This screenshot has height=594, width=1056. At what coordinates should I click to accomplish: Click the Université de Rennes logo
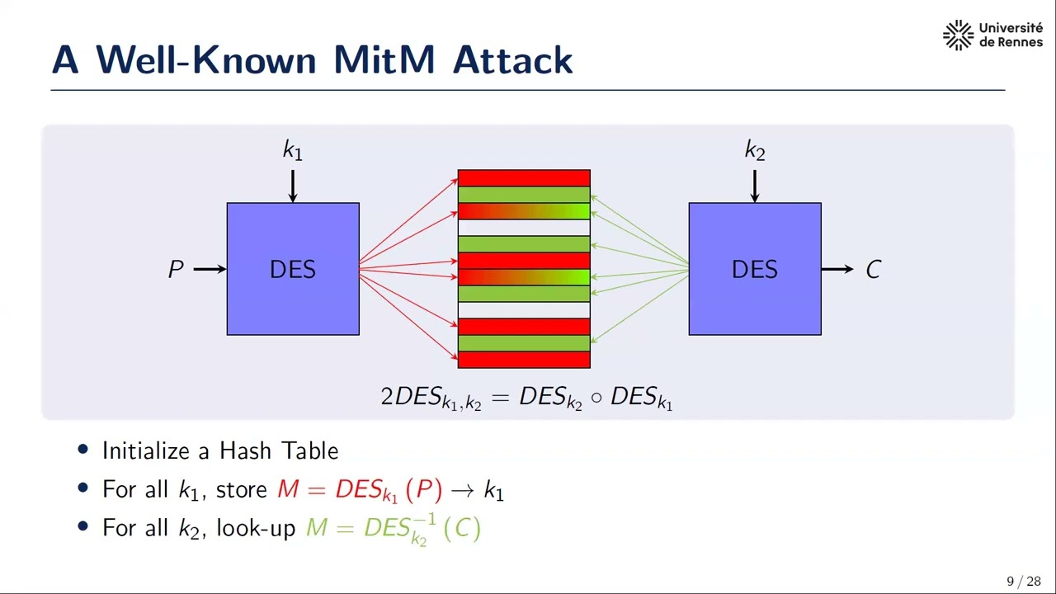click(992, 35)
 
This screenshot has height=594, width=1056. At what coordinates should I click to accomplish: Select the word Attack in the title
click(512, 60)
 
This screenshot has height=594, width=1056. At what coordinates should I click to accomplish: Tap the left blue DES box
click(293, 269)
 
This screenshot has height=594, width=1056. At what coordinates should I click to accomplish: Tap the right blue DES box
click(754, 269)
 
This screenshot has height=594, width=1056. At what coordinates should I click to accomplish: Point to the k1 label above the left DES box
click(293, 150)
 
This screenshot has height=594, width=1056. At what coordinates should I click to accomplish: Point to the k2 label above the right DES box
click(754, 150)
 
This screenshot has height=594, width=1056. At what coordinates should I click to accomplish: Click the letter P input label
click(176, 270)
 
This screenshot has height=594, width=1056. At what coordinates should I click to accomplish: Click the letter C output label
click(873, 270)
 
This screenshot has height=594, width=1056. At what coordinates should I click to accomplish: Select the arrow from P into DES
click(210, 269)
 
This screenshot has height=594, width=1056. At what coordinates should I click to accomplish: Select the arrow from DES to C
click(837, 269)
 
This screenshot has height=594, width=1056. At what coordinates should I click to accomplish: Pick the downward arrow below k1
click(293, 186)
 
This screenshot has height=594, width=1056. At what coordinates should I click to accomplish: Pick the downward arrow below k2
click(754, 186)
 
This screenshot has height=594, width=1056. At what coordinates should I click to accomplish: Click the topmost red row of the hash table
click(524, 178)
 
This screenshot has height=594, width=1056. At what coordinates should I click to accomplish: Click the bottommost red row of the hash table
click(524, 360)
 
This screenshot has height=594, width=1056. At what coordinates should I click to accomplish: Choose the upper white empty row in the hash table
click(524, 228)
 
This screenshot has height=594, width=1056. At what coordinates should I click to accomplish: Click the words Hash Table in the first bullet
click(279, 450)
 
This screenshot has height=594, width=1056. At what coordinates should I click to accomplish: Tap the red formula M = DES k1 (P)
click(360, 490)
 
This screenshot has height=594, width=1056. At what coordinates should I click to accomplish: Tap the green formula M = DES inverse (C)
click(394, 528)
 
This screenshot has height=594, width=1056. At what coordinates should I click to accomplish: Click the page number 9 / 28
click(1023, 582)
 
